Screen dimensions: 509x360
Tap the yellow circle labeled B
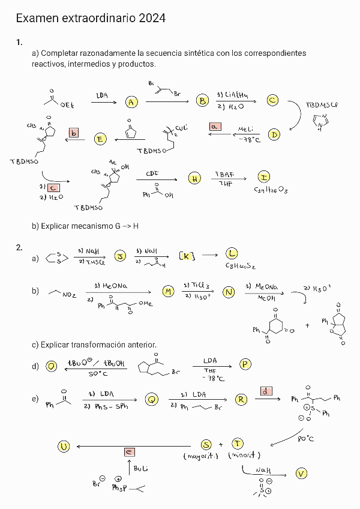click(203, 101)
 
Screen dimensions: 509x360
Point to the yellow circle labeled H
click(194, 178)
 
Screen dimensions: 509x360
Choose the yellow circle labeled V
click(301, 474)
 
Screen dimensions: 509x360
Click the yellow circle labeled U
click(64, 445)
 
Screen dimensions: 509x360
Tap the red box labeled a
click(215, 126)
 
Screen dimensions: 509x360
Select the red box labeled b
click(74, 133)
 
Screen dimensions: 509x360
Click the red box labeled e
click(129, 451)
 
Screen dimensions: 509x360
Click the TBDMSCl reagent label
click(322, 105)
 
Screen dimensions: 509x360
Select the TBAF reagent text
click(225, 174)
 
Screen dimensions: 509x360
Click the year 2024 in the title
click(152, 19)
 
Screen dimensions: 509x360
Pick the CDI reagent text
click(152, 173)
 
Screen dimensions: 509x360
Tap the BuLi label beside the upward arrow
click(140, 468)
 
